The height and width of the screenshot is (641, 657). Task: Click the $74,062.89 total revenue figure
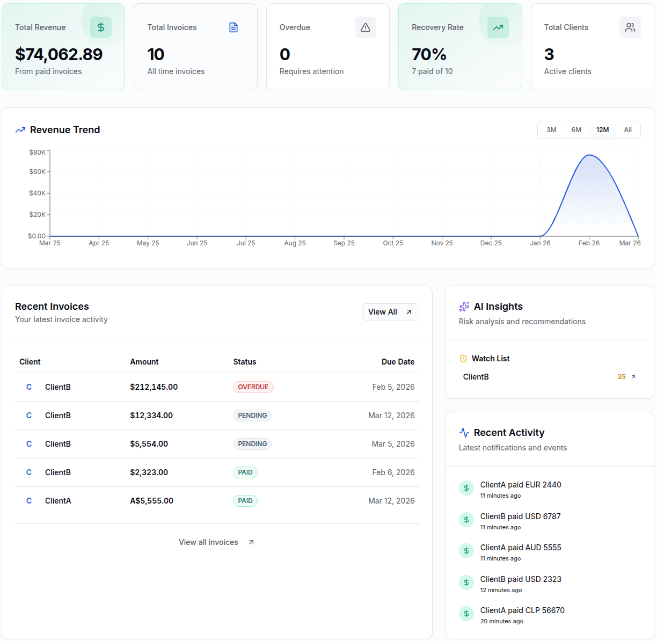(59, 54)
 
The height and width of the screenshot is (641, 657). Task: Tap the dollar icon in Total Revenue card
(100, 27)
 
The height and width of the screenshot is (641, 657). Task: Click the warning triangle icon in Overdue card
(366, 27)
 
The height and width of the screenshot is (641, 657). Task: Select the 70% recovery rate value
(429, 54)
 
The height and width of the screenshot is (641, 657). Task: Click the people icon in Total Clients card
(630, 27)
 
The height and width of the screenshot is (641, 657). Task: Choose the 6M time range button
(576, 130)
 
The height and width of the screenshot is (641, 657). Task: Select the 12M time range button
(602, 130)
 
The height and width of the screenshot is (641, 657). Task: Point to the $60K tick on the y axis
(38, 172)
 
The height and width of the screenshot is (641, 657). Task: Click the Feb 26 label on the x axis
(589, 243)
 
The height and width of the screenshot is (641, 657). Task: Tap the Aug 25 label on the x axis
(295, 243)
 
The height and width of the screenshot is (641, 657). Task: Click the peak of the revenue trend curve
(589, 155)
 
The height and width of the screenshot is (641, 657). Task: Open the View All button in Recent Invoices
(390, 312)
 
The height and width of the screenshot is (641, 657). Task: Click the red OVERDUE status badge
(253, 387)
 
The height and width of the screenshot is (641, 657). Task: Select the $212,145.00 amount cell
(154, 387)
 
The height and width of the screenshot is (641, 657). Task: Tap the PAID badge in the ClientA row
(245, 501)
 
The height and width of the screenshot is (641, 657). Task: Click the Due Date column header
(398, 362)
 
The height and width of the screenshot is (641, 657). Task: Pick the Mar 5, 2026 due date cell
(393, 444)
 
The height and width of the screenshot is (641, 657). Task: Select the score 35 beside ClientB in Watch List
(621, 377)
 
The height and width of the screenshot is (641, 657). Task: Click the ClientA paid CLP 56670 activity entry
(522, 610)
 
